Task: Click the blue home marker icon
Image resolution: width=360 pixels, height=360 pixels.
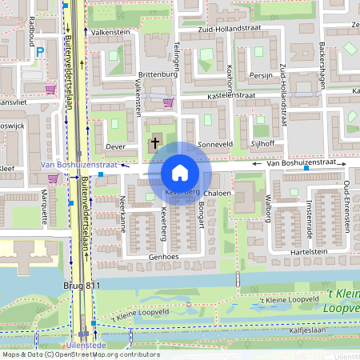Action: [x=180, y=172]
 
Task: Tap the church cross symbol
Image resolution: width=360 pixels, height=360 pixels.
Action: [x=154, y=144]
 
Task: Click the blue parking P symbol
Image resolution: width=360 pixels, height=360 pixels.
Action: [x=40, y=53]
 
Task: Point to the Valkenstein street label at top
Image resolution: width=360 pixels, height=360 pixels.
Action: [x=110, y=32]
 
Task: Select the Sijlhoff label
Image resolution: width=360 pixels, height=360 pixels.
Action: [x=262, y=143]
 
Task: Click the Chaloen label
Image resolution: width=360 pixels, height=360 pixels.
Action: [x=218, y=194]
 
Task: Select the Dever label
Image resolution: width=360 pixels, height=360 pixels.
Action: [x=116, y=147]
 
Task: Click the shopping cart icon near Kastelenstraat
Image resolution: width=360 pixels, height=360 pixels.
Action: [x=168, y=102]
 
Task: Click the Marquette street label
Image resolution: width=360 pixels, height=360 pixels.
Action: [x=45, y=206]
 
